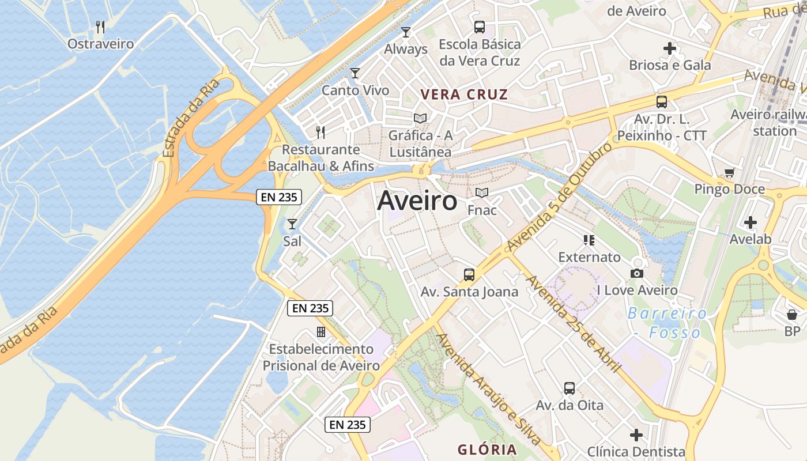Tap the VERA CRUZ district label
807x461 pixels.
click(x=464, y=95)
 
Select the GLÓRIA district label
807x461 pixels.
click(x=487, y=449)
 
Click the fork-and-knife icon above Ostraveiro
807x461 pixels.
click(x=100, y=27)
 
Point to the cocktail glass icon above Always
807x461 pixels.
click(x=406, y=32)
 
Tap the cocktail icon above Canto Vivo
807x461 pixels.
click(x=355, y=73)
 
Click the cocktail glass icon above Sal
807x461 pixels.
click(x=292, y=224)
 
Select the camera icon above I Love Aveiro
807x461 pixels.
click(x=637, y=273)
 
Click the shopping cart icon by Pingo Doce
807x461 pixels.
click(x=730, y=172)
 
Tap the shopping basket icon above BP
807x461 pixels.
click(x=792, y=315)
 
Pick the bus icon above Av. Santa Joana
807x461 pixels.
click(x=469, y=274)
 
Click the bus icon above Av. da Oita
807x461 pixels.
click(x=570, y=388)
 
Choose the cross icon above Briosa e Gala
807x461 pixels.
click(x=670, y=48)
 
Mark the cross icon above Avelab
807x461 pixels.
click(x=751, y=222)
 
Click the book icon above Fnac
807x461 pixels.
click(x=482, y=193)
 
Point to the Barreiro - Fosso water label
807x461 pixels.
click(x=668, y=323)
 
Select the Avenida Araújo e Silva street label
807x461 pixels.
click(x=489, y=390)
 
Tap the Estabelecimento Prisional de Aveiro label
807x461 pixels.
click(x=322, y=357)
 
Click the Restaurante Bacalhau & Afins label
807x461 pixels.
click(x=321, y=158)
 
